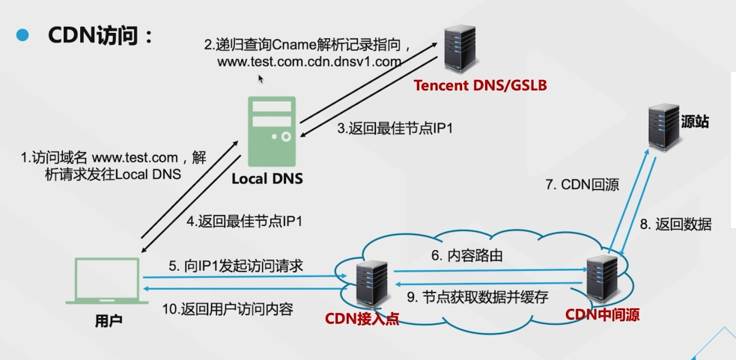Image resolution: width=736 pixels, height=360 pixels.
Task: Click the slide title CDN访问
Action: (x=100, y=35)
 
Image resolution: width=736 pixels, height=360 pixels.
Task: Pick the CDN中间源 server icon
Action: (x=603, y=278)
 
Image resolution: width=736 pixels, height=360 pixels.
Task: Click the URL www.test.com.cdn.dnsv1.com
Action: (x=310, y=62)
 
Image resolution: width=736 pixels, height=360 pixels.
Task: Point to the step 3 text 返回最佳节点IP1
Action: (x=395, y=128)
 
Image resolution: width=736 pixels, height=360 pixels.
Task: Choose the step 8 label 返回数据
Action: (x=675, y=224)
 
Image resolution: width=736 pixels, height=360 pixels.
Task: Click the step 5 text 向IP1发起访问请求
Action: (x=234, y=265)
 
